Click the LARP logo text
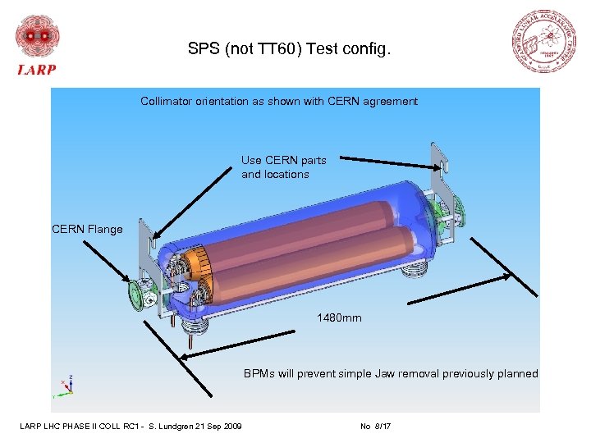point(37,70)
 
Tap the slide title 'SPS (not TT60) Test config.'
point(290,50)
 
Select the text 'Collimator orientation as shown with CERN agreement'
point(279,102)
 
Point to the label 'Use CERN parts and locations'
point(283,167)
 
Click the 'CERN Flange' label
point(87,229)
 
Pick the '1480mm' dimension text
point(339,317)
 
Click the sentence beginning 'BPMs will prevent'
point(391,374)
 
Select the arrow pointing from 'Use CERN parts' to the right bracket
point(386,159)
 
